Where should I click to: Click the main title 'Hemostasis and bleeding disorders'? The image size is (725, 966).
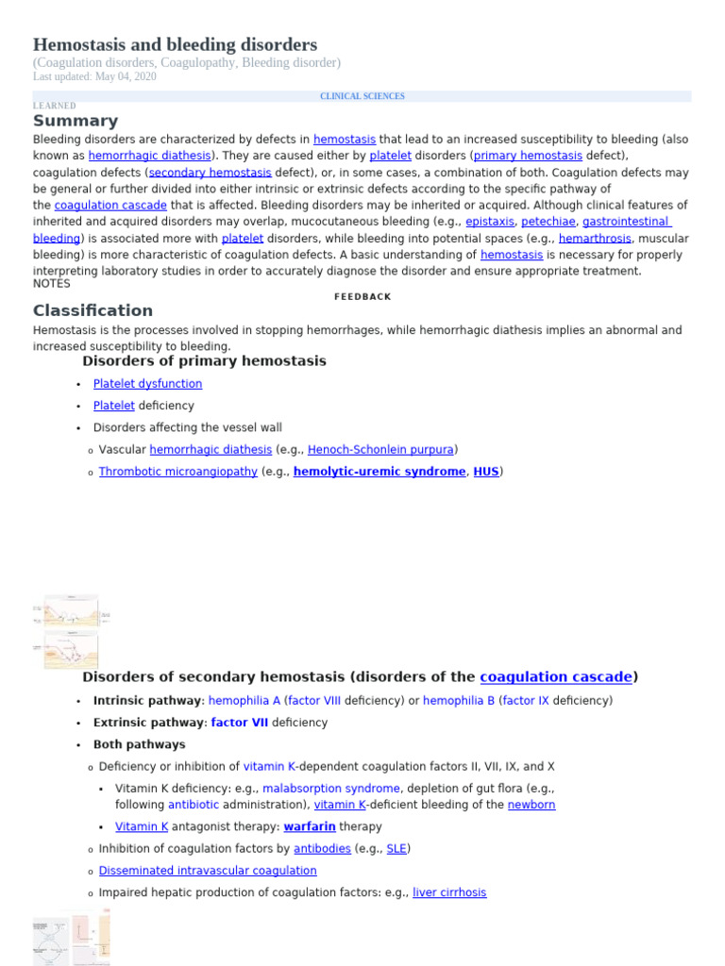[175, 44]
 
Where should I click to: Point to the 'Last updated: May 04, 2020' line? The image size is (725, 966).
[94, 76]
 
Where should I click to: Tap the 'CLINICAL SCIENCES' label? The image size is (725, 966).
[362, 96]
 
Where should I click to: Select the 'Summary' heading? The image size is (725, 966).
[76, 121]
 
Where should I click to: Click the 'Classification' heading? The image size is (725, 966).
[93, 310]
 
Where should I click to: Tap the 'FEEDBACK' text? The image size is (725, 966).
[362, 296]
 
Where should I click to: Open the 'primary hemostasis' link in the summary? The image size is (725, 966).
[528, 156]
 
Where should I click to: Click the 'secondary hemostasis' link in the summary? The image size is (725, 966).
[210, 173]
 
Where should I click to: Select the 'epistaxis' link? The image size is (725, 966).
[482, 222]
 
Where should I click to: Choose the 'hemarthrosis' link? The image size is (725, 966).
[595, 239]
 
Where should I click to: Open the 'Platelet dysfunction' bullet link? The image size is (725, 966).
[147, 384]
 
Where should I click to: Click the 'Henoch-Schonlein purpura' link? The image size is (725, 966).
[381, 450]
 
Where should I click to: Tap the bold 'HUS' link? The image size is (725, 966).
[486, 472]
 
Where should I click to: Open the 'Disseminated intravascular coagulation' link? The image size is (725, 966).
[208, 871]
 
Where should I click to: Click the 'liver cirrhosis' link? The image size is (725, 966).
[449, 892]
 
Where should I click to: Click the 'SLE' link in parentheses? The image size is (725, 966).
[396, 849]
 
